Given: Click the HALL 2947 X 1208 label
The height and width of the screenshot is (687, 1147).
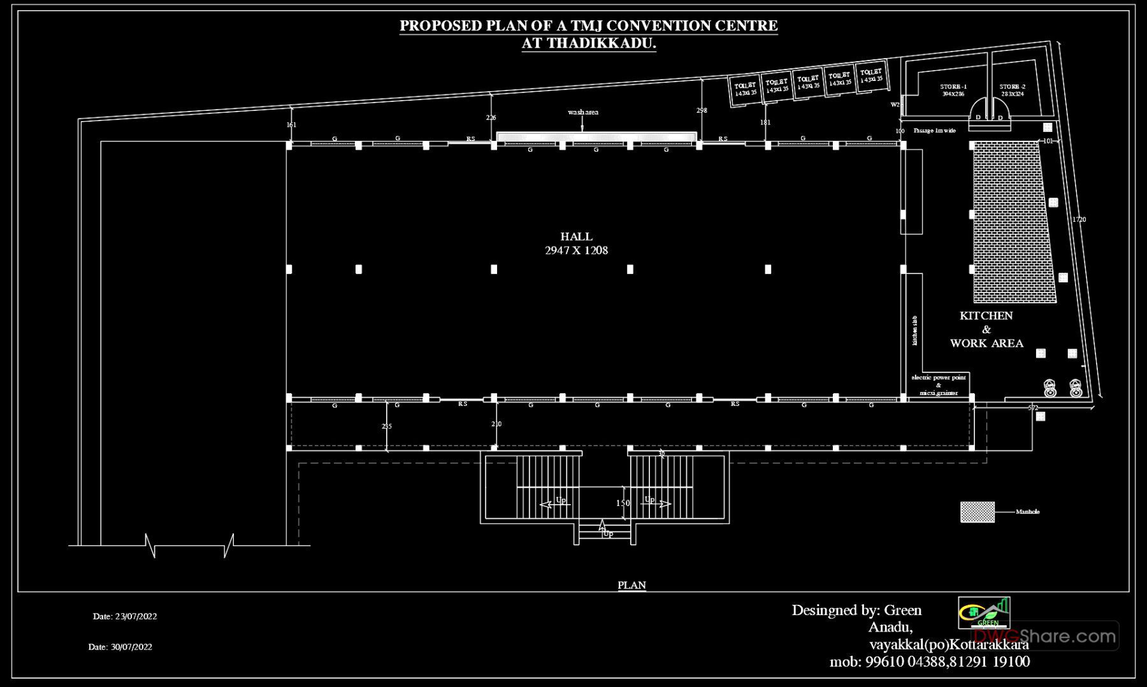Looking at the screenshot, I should click(576, 243).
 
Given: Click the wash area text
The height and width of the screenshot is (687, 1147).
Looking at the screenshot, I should click(583, 112).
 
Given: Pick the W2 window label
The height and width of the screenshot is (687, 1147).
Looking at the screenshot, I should click(895, 105).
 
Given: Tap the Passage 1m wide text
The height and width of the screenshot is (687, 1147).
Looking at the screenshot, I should click(934, 131).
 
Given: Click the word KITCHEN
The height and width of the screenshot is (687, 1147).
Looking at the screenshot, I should click(986, 315).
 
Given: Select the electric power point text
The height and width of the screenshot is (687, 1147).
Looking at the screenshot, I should click(938, 378).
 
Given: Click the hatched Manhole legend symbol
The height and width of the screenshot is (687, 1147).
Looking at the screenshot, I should click(977, 512).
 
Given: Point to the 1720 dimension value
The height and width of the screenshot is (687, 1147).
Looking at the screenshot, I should click(1078, 219).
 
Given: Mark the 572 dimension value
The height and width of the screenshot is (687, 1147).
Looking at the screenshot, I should click(1033, 408).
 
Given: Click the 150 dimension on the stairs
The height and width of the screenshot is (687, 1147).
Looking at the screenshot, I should click(623, 503).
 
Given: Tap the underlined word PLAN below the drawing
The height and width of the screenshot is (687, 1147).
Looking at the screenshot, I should click(631, 585).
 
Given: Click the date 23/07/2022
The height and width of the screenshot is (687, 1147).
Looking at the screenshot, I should click(125, 616).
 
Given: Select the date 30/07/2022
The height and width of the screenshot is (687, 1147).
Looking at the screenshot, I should click(120, 647).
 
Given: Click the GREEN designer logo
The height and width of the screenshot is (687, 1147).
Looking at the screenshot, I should click(984, 612).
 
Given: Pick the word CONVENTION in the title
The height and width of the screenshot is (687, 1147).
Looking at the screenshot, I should click(628, 26).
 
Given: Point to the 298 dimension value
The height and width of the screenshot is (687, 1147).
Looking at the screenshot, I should click(702, 110).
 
